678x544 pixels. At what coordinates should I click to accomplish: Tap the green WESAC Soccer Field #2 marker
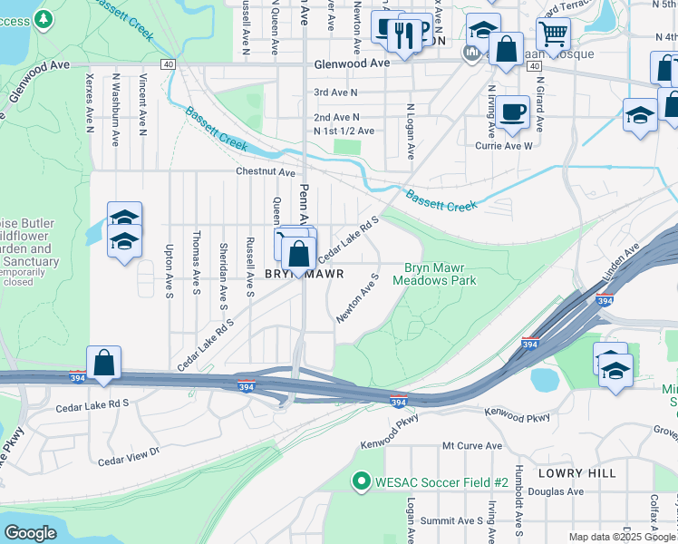tap(362, 481)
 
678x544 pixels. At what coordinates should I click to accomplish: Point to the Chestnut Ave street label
tap(266, 172)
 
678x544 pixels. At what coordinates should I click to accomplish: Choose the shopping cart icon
tap(552, 34)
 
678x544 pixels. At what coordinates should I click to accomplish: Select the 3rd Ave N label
tap(335, 92)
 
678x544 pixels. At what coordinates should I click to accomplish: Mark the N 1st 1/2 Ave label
tap(344, 131)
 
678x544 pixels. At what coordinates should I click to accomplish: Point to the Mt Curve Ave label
tap(471, 446)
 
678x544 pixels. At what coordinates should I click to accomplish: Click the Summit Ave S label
tap(457, 520)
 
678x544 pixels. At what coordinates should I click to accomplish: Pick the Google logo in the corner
tap(30, 533)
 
